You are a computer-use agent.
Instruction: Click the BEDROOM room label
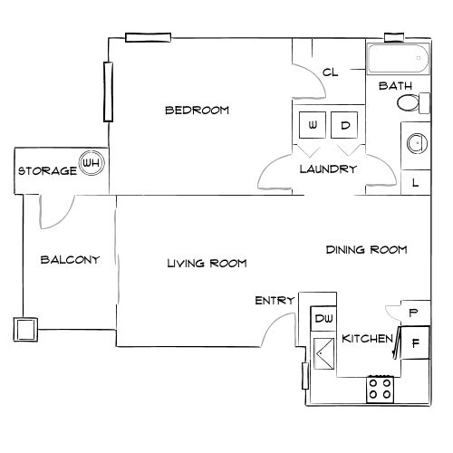[197, 111]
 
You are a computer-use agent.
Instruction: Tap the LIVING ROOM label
[207, 264]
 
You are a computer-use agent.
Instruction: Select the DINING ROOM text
[366, 249]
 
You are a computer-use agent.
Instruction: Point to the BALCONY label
[70, 260]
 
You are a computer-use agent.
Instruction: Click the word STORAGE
[47, 171]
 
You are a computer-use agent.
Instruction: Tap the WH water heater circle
[92, 163]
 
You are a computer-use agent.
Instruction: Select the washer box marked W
[312, 124]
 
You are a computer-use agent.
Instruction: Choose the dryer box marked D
[345, 124]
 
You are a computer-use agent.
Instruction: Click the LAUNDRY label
[328, 169]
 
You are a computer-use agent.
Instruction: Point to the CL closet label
[330, 73]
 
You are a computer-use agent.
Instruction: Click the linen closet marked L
[416, 182]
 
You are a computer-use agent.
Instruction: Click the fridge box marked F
[415, 343]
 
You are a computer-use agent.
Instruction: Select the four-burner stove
[381, 390]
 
